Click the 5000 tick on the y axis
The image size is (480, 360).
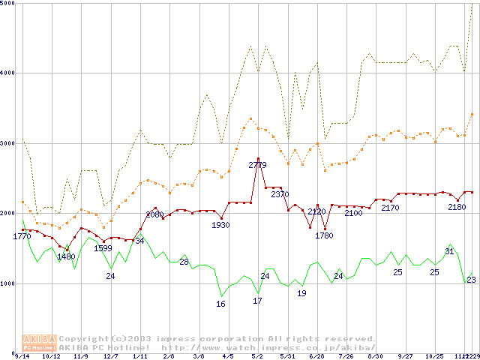point(8,4)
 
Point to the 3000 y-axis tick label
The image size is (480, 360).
point(8,143)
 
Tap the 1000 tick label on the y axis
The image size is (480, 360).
point(8,283)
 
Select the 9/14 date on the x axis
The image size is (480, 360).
point(23,356)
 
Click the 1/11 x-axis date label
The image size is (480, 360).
point(139,356)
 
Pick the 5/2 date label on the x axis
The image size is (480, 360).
point(257,356)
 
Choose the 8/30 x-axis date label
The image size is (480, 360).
point(375,356)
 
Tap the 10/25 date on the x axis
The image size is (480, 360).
point(434,356)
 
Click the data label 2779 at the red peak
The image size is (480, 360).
point(258,165)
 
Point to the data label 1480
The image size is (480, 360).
point(66,256)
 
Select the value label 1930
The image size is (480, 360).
point(220,225)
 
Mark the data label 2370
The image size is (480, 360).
point(280,194)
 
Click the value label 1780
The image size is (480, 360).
point(324,235)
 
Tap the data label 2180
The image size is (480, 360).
point(457,207)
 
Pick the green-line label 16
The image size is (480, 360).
point(220,304)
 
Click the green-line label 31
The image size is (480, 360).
point(449,251)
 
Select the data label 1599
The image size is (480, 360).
point(103,248)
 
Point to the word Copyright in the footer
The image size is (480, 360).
point(85,338)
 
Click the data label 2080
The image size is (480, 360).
point(154,214)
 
